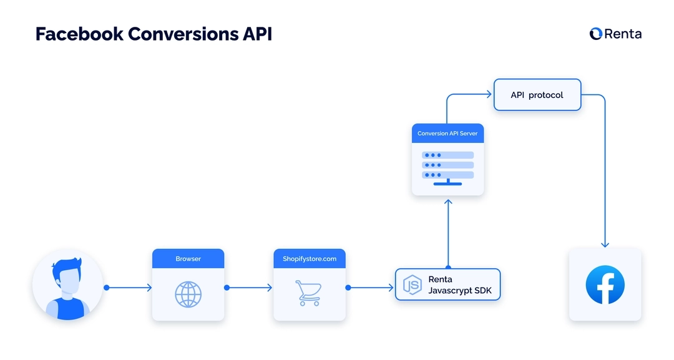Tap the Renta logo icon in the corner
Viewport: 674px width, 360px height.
(595, 34)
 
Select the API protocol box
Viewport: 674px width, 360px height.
(537, 95)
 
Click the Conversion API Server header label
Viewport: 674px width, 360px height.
(447, 134)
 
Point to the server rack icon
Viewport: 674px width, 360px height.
(447, 166)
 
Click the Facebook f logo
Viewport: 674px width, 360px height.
(605, 285)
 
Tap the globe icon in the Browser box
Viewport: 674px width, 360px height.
(188, 294)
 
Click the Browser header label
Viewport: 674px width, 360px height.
(188, 258)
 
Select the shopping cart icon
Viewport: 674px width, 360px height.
(308, 293)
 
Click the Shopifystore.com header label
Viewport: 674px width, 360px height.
(309, 258)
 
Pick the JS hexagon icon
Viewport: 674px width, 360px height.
(413, 285)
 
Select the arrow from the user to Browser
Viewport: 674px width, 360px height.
(129, 288)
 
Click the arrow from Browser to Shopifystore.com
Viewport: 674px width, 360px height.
(249, 288)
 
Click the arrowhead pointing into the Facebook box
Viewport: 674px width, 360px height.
(605, 244)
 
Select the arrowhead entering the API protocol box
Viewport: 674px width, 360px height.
(489, 95)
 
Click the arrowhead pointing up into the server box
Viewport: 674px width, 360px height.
(447, 202)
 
